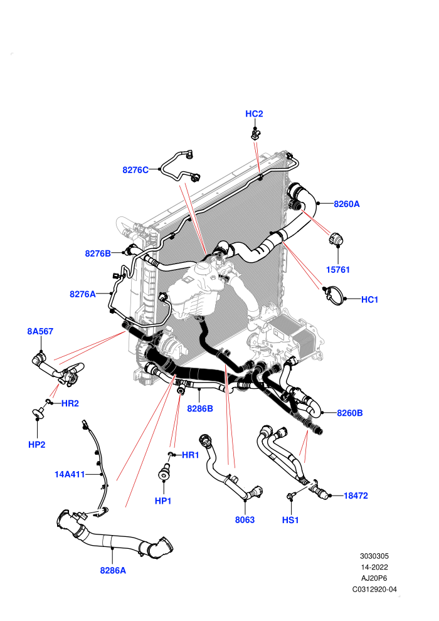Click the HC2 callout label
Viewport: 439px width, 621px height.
pyautogui.click(x=254, y=114)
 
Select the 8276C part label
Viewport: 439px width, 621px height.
pyautogui.click(x=135, y=170)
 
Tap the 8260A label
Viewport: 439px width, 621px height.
pyautogui.click(x=347, y=204)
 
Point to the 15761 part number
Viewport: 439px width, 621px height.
pyautogui.click(x=338, y=270)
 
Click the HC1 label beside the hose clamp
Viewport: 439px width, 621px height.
pyautogui.click(x=370, y=299)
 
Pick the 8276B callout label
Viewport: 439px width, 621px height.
pyautogui.click(x=98, y=253)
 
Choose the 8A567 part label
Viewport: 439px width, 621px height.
pyautogui.click(x=40, y=331)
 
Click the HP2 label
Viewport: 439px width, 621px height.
pyautogui.click(x=37, y=444)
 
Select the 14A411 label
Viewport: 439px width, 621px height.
pyautogui.click(x=70, y=474)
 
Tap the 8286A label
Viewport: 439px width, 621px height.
pyautogui.click(x=113, y=570)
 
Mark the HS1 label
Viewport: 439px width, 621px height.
pyautogui.click(x=290, y=520)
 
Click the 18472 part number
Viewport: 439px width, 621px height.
pyautogui.click(x=356, y=496)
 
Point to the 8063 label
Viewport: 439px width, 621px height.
pyautogui.click(x=245, y=519)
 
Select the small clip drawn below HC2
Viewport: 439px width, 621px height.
pyautogui.click(x=255, y=133)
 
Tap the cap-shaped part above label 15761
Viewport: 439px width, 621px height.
pyautogui.click(x=336, y=238)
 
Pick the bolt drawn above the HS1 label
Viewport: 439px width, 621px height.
pyautogui.click(x=291, y=496)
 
